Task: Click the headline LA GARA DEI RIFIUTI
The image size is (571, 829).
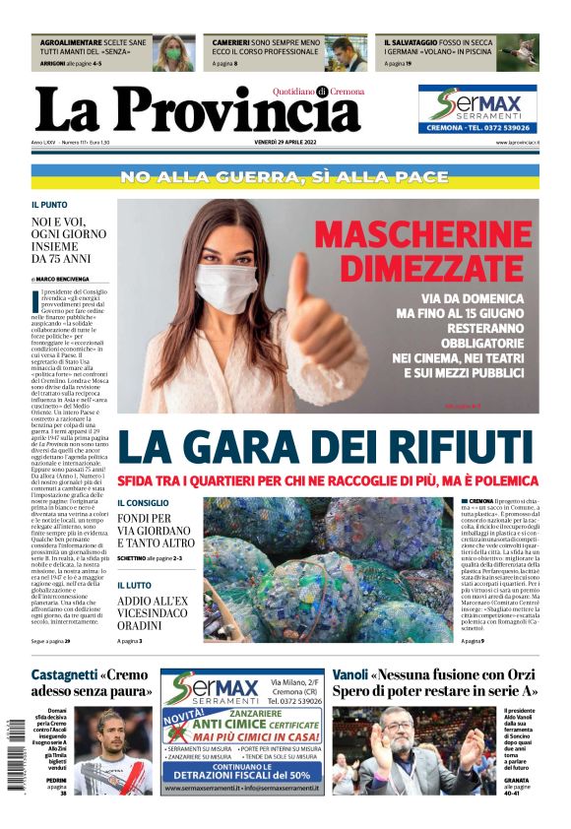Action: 326,446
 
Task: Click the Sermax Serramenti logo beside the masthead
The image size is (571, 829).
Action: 477,108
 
